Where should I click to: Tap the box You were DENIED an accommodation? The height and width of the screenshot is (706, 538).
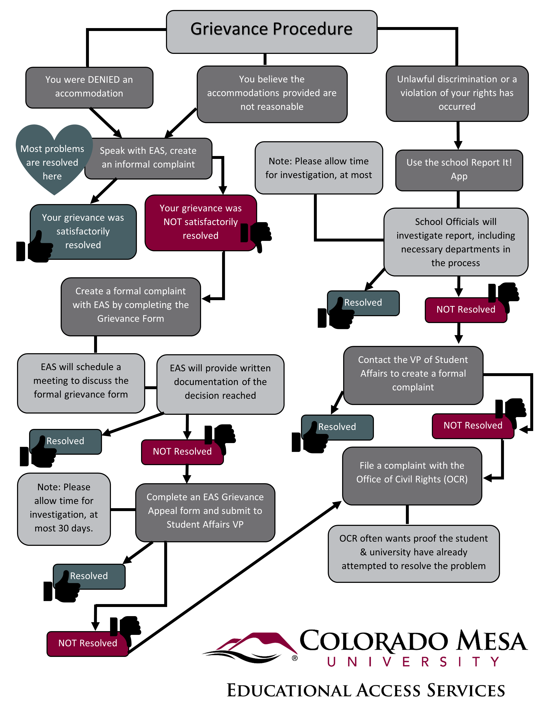(x=89, y=87)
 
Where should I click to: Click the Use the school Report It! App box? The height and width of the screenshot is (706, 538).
(x=459, y=170)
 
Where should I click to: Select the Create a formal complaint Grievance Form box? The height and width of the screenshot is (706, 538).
(x=131, y=306)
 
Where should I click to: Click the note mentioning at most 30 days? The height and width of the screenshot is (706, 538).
(x=64, y=509)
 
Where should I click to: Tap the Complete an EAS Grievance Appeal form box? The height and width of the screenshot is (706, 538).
(x=205, y=512)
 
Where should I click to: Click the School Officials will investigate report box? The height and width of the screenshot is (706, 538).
(x=456, y=242)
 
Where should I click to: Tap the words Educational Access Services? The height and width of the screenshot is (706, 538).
(x=366, y=690)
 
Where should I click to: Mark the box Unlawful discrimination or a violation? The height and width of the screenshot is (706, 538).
(x=457, y=93)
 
